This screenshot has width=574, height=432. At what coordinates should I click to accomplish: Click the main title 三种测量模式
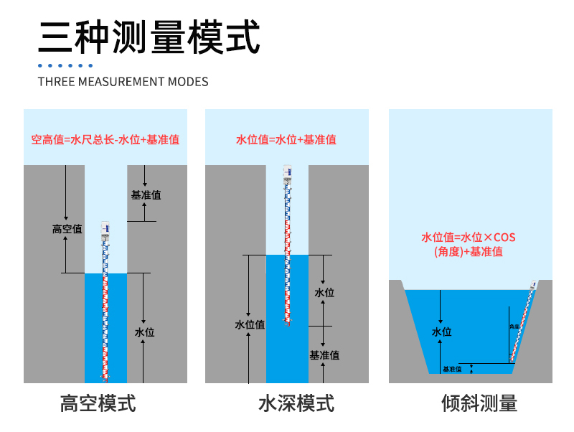click(149, 37)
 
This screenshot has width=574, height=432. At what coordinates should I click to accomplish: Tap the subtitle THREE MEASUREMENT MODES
click(123, 81)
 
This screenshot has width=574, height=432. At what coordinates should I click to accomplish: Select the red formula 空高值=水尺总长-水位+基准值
click(105, 140)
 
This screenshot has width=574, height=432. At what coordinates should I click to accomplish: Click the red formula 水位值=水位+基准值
click(286, 140)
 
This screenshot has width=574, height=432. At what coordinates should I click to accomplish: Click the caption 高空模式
click(98, 403)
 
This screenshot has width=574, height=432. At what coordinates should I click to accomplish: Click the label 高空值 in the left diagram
click(67, 229)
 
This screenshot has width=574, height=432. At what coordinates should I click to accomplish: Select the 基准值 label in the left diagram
click(146, 194)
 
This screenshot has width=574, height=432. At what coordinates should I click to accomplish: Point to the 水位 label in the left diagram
click(145, 332)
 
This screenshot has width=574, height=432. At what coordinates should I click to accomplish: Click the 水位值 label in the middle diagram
click(250, 324)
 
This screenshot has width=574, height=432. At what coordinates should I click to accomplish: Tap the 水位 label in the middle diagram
click(324, 292)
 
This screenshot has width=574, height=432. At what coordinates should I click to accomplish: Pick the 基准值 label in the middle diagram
click(324, 354)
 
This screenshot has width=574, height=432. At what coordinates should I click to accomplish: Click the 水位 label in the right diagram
click(441, 332)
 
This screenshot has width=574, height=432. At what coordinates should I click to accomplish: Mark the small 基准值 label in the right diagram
click(452, 369)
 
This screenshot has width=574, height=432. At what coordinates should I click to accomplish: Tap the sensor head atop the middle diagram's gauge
click(287, 172)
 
